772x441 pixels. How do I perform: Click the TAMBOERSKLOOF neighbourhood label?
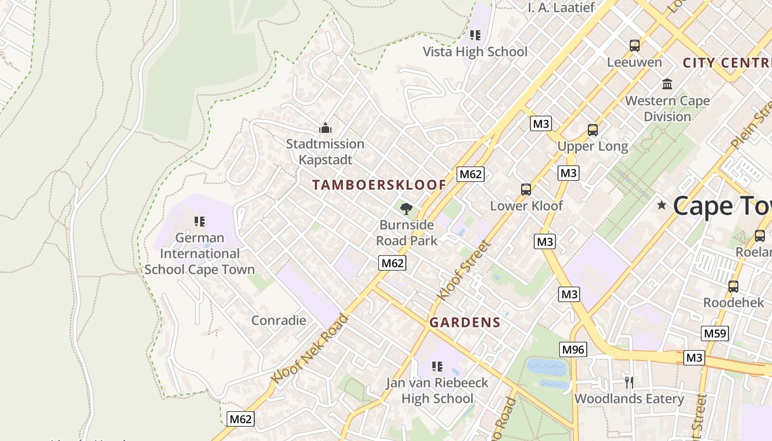tap(379, 185)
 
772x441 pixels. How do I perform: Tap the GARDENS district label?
tap(465, 322)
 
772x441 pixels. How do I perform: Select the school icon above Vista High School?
tap(475, 35)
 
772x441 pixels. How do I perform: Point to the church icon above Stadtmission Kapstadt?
tap(325, 128)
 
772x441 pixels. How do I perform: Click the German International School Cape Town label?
tap(200, 254)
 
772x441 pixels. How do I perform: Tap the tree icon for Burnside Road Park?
tap(406, 208)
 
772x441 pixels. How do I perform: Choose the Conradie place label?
tap(278, 320)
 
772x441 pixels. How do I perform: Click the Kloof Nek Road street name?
tap(310, 348)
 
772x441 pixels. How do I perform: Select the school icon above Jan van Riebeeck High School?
tap(437, 366)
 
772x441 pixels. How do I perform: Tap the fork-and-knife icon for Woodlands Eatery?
tap(629, 382)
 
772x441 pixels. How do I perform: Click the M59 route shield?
tap(715, 333)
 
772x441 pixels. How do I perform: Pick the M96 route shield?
tap(573, 349)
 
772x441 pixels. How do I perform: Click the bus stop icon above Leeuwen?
tap(635, 46)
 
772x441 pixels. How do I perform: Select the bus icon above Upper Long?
tap(593, 130)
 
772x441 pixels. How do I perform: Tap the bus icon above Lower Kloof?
tap(526, 190)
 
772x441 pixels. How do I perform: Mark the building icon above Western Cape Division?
tap(667, 84)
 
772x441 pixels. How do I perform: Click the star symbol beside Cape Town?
tap(662, 206)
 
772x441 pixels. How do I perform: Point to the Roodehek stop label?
tap(733, 303)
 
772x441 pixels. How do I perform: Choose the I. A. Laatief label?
tap(561, 8)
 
